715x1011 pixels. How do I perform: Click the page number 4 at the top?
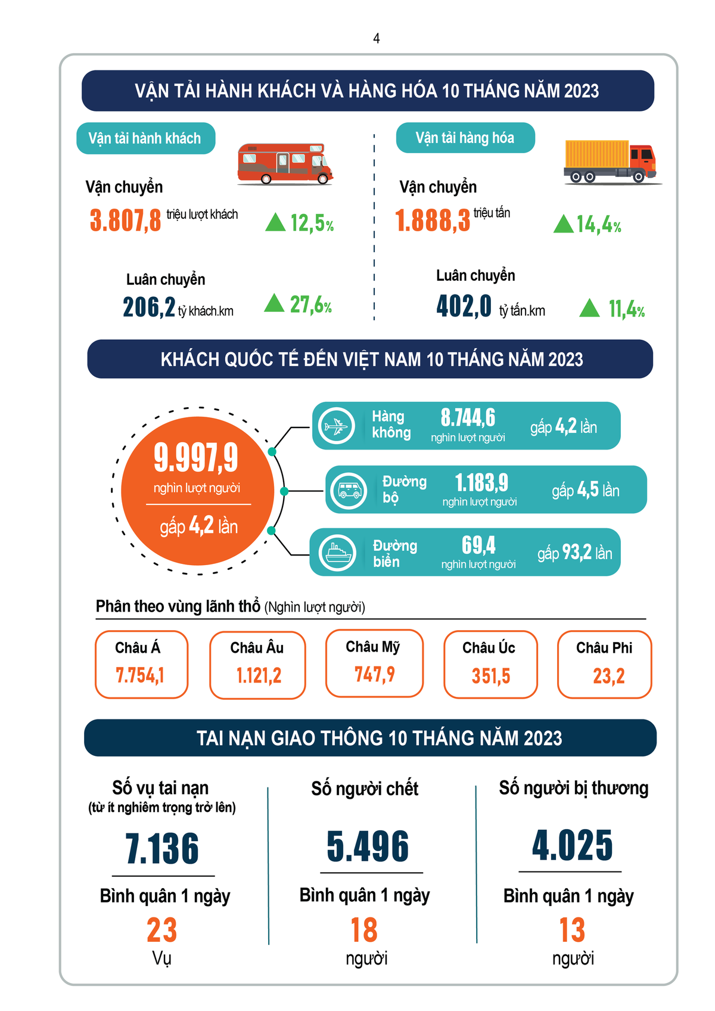(376, 39)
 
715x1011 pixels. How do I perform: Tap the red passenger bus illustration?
(285, 163)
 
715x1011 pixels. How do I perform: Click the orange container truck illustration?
(610, 161)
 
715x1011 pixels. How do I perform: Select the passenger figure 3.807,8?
(126, 220)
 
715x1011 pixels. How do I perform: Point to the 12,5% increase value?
(312, 223)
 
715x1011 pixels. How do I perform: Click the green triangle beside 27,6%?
(274, 303)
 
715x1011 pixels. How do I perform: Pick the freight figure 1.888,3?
(433, 221)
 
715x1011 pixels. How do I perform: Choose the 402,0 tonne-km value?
(464, 306)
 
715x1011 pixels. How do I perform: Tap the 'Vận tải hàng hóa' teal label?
(465, 138)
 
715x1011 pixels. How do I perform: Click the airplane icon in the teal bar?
(337, 426)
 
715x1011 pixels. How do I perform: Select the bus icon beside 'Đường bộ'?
(349, 490)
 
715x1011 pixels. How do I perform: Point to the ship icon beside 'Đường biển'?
(337, 553)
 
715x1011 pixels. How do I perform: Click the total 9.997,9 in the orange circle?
(196, 457)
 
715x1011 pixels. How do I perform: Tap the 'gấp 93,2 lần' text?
(575, 553)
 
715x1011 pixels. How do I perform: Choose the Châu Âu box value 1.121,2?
(259, 675)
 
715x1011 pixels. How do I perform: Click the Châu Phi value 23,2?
(608, 676)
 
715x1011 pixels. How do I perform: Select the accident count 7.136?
(162, 848)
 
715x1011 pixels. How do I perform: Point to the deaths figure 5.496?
(368, 846)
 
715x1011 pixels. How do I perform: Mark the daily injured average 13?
(572, 930)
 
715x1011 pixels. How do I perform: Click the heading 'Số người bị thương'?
(573, 788)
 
